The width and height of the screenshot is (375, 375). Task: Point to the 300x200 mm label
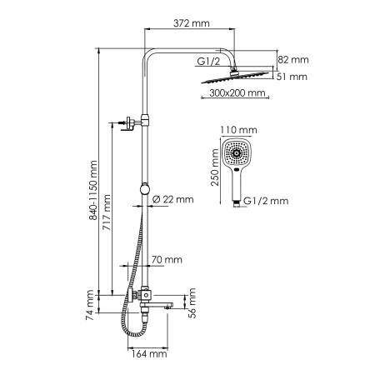(232, 94)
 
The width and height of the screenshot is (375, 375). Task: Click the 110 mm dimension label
(239, 131)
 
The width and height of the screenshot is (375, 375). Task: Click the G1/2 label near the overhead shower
(208, 61)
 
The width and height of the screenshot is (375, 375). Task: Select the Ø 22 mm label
(173, 198)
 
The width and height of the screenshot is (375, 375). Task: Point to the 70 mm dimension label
(167, 260)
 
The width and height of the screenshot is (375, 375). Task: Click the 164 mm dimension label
(151, 354)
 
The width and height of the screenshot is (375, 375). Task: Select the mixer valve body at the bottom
(146, 294)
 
